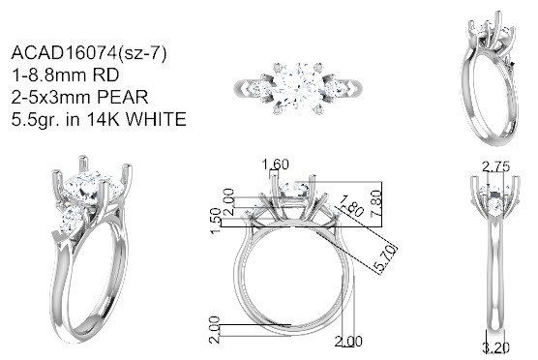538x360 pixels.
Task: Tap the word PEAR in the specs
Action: click(x=123, y=97)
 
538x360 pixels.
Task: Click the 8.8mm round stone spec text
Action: click(x=65, y=75)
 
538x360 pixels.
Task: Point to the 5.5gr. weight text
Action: click(x=36, y=120)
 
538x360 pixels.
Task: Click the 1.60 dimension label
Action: click(x=275, y=165)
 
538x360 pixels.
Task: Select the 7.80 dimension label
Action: click(x=376, y=203)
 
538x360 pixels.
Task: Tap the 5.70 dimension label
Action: click(x=386, y=259)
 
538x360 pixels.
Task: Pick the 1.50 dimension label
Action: click(x=216, y=221)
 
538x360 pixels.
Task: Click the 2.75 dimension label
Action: click(x=496, y=167)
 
